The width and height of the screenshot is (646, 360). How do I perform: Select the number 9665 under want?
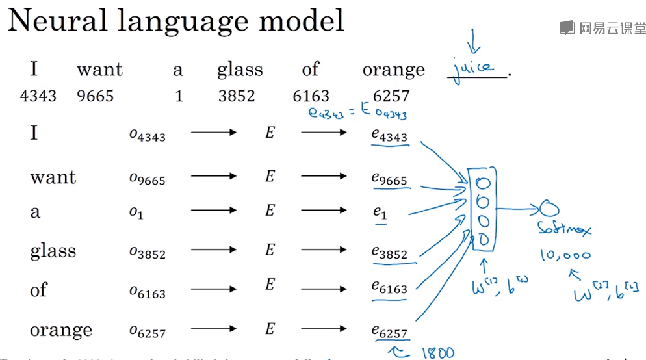pos(95,97)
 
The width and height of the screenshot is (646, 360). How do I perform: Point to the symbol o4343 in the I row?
pos(147,135)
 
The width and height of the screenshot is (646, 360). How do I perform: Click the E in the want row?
pos(270,176)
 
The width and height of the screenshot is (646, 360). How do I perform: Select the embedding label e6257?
pos(389,331)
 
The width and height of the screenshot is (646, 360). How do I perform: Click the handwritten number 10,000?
pos(565,255)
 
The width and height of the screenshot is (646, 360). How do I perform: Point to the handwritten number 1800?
pos(437,352)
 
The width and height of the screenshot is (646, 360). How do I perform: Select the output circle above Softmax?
pos(549,209)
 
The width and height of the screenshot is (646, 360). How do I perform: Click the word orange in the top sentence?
pos(393,70)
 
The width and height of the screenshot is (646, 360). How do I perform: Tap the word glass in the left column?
pos(53,251)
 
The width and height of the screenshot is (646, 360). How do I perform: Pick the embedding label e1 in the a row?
pos(380,212)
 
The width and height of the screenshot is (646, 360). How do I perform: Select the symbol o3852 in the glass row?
pos(147,252)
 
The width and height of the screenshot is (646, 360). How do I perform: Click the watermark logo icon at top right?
pos(567,27)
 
